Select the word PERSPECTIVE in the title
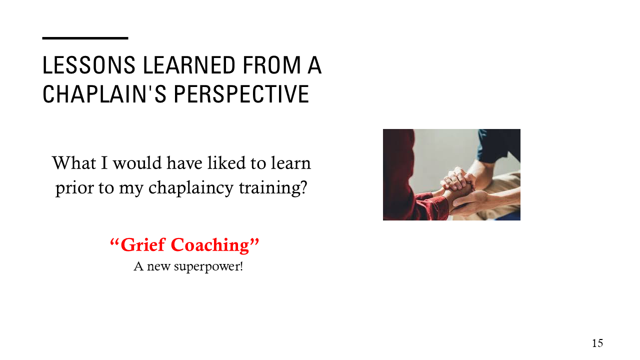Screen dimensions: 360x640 click(240, 94)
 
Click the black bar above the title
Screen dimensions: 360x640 click(85, 38)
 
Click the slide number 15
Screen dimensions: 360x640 click(597, 343)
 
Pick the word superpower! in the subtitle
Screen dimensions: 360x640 click(208, 266)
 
